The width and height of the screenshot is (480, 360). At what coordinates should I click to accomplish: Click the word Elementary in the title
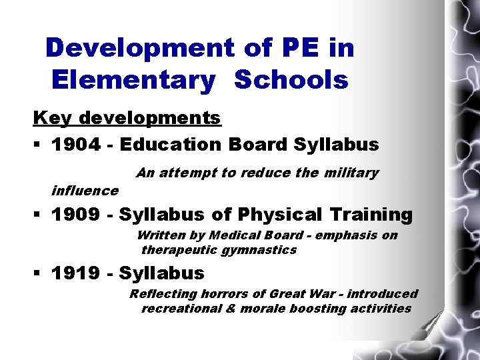point(133,81)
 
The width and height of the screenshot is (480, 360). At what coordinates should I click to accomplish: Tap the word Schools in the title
point(292,81)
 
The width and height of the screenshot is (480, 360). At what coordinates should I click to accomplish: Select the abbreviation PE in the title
point(286,47)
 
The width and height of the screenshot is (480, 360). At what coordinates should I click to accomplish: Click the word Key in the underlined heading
point(53,118)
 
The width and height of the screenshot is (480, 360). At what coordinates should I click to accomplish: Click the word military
point(351,173)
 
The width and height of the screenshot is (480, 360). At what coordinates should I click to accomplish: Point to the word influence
point(85,191)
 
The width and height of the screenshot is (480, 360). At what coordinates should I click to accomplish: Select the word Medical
point(231,235)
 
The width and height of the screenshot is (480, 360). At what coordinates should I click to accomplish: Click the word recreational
point(181,309)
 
